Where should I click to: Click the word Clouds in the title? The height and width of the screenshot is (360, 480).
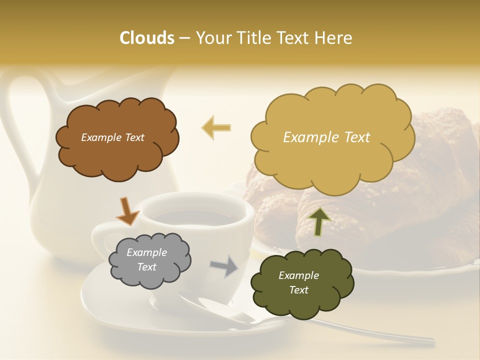coord(146,38)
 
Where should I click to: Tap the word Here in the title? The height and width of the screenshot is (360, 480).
coord(334,38)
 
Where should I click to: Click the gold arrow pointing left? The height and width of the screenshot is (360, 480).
coord(216,128)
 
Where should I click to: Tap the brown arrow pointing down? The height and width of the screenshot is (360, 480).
coord(127,211)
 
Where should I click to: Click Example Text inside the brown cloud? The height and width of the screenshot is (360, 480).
coord(112,137)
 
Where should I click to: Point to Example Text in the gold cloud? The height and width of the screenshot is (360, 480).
coord(326,137)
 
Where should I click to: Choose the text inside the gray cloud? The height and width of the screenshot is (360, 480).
coord(147,260)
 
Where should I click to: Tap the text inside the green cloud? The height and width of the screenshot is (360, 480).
coord(298,282)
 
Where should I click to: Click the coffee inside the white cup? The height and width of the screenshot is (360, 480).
coord(195,216)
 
